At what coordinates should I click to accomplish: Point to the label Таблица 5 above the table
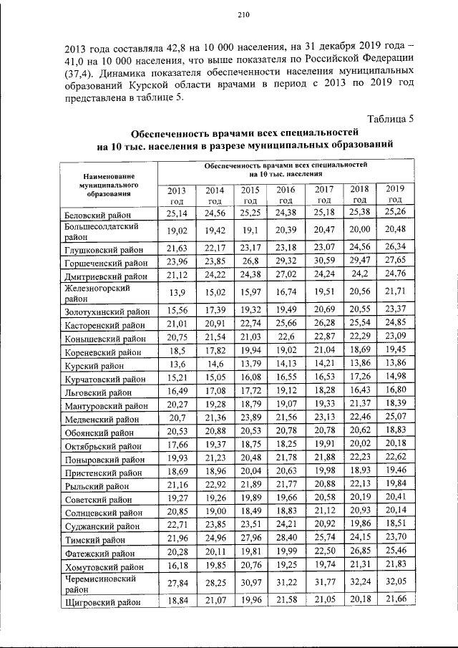pos(391,118)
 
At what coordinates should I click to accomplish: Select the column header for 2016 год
pos(286,195)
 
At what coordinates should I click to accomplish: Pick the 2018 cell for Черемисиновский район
pos(359,581)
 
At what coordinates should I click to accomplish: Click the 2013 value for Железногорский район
pos(177,293)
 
